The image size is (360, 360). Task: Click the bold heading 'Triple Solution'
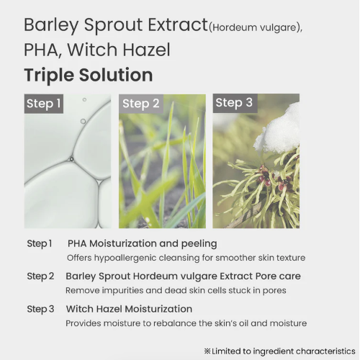point(89,75)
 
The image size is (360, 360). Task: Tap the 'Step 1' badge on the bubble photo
point(44,104)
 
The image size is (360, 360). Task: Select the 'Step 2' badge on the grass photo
point(141,104)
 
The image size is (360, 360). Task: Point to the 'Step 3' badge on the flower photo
point(235,103)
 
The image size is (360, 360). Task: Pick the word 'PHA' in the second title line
point(41,50)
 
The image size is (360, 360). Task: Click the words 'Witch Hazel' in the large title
point(119,50)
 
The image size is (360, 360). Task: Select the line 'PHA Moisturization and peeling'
point(143,243)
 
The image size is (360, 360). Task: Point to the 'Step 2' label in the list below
point(40,276)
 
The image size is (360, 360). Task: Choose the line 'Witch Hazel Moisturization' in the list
point(129,309)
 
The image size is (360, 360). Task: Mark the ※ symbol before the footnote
point(207,351)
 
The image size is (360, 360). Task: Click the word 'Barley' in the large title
point(51,25)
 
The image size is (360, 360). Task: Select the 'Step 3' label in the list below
point(40,309)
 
